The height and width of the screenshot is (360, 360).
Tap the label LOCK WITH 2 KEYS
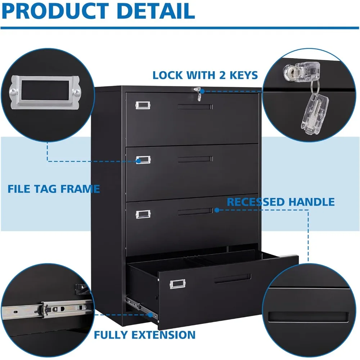(205, 75)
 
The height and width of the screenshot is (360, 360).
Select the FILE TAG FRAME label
(54, 189)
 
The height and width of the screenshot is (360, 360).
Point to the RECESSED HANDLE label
(281, 202)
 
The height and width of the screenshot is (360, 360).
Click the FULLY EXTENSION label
(145, 335)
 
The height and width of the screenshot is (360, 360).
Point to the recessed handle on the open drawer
(232, 278)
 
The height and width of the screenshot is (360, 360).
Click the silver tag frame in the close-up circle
(45, 92)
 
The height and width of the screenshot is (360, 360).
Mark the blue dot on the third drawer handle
(217, 210)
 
